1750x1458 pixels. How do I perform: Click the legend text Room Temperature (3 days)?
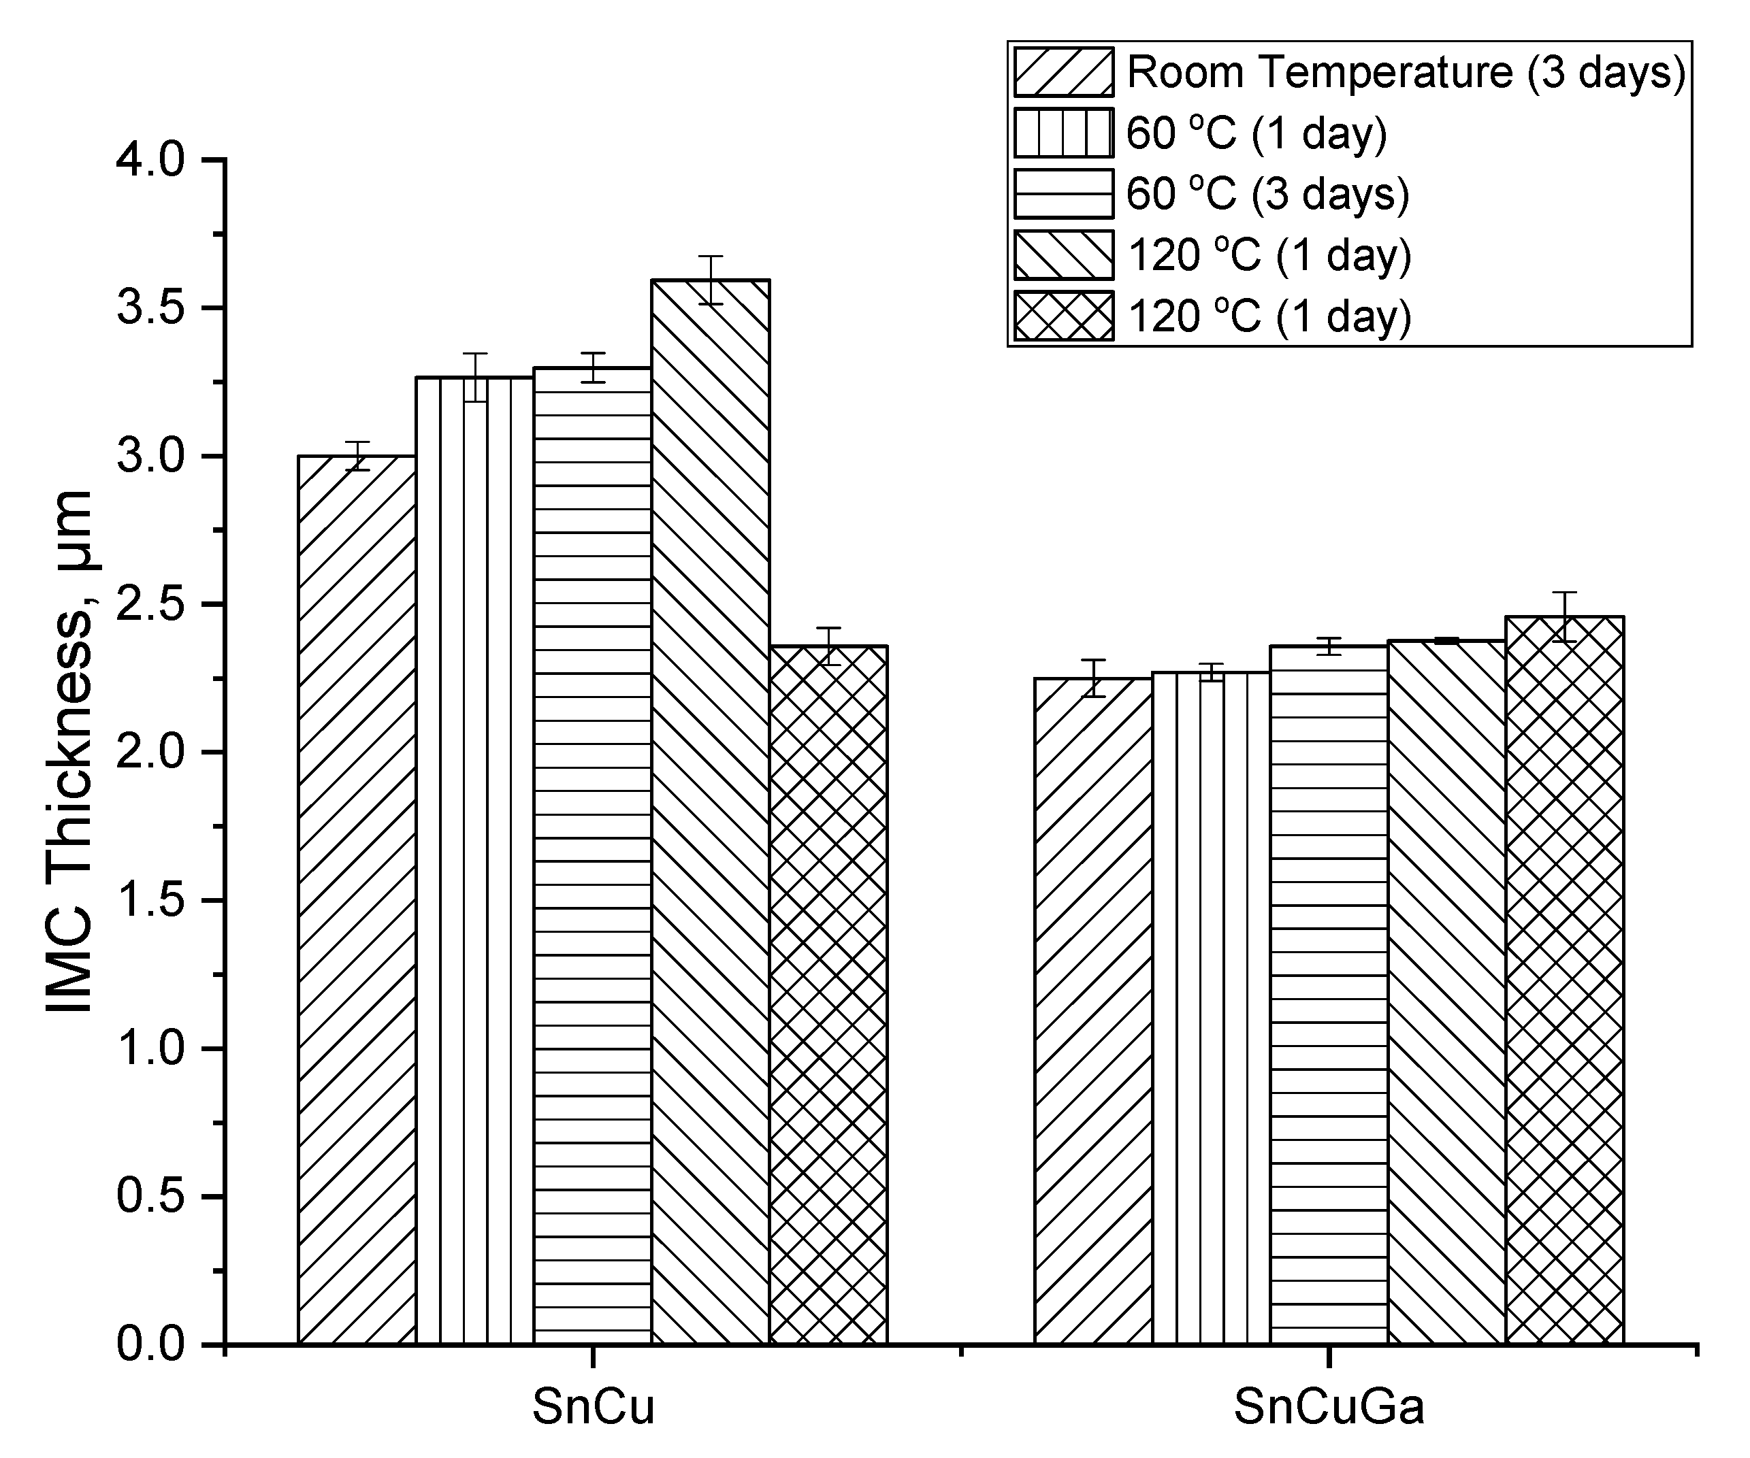(x=1406, y=73)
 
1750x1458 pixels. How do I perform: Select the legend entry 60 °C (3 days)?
(x=1267, y=194)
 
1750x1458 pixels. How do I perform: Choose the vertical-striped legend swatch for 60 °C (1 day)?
(x=1063, y=133)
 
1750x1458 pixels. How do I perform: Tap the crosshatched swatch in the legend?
(x=1063, y=316)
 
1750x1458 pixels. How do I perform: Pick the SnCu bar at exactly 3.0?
(x=357, y=900)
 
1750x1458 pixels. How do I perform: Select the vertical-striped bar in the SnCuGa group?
(x=1211, y=1008)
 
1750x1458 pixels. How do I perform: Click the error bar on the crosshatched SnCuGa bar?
(x=1564, y=616)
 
